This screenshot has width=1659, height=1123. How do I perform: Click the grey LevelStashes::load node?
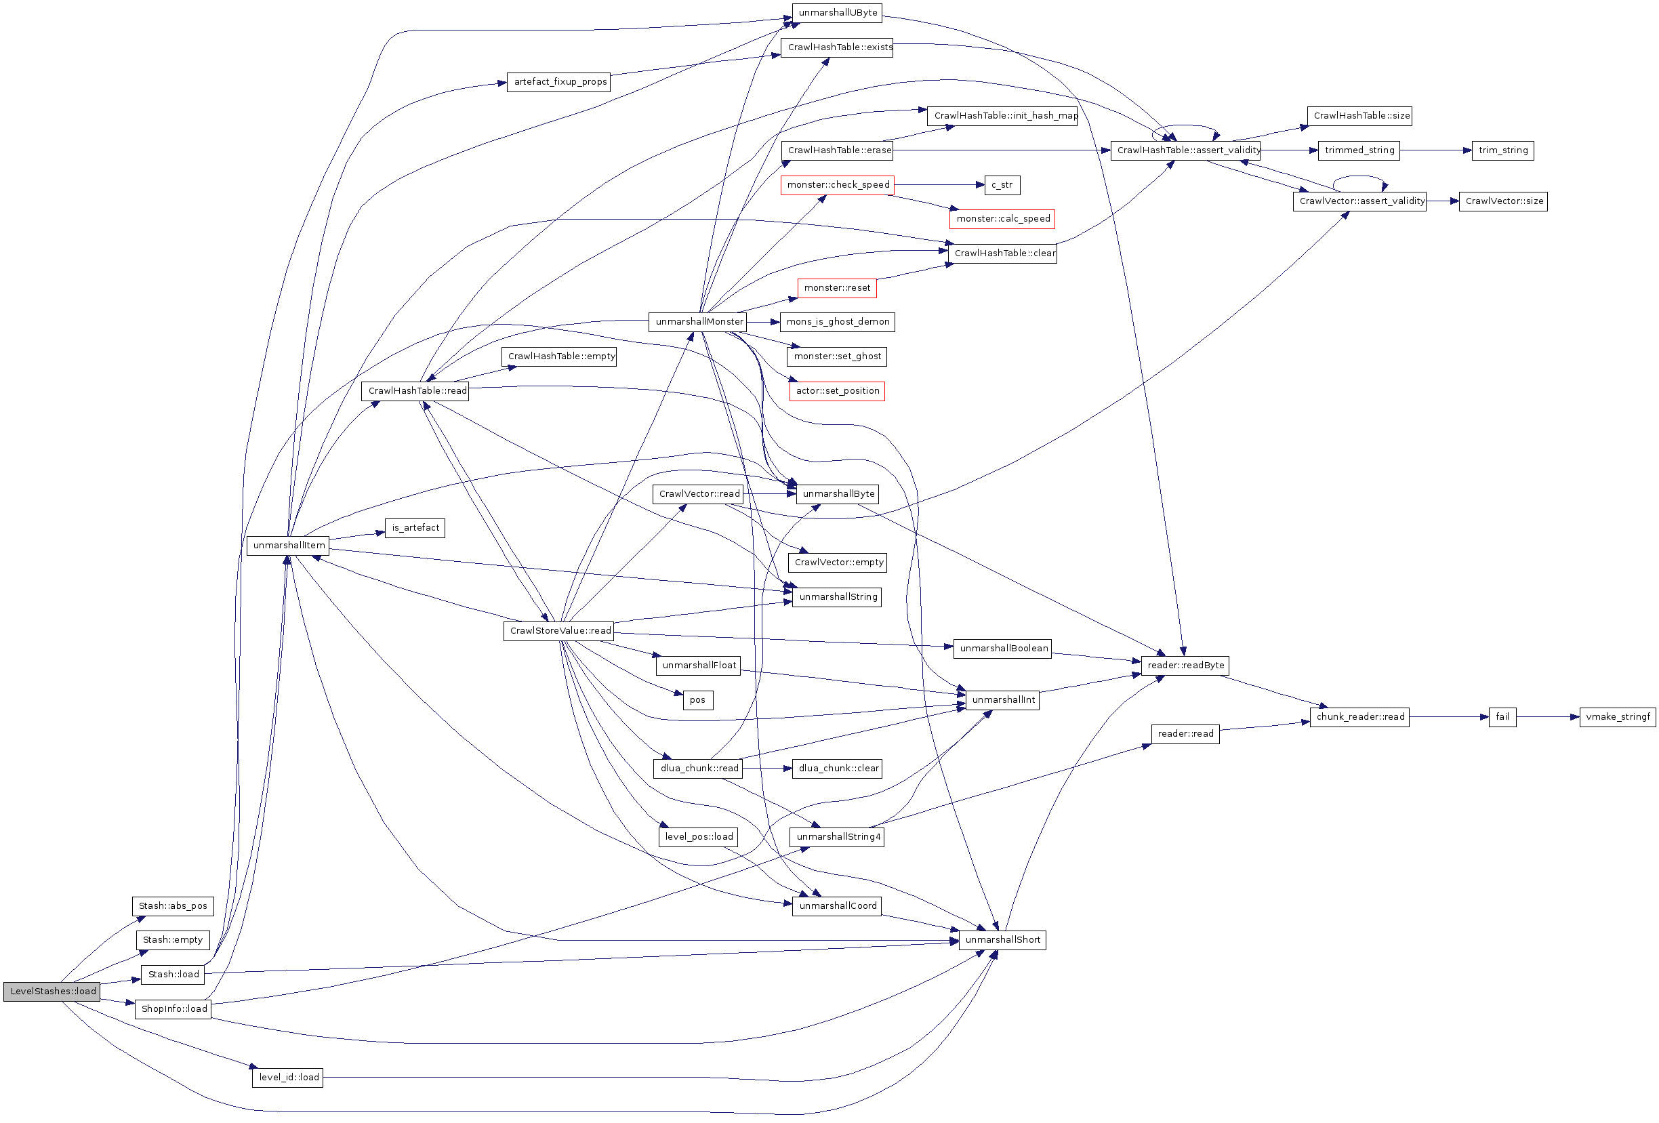(x=52, y=992)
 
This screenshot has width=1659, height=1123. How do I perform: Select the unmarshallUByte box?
(x=837, y=13)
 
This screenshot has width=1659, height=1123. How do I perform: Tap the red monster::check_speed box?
(x=837, y=185)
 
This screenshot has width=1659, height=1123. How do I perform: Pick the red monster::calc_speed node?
(x=1002, y=219)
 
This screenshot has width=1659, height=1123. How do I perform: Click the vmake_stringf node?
(x=1617, y=717)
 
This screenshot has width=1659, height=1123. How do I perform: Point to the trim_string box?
(x=1502, y=150)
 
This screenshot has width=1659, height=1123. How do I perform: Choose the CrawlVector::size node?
(x=1502, y=201)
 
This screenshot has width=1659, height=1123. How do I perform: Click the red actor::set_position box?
(x=837, y=391)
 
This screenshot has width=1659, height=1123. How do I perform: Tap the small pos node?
(x=697, y=700)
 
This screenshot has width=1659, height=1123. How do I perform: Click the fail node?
(x=1502, y=717)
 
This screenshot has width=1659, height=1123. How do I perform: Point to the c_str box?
(x=1002, y=185)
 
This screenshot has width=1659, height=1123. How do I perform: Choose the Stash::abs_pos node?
(x=173, y=906)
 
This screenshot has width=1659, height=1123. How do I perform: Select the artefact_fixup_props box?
(x=559, y=82)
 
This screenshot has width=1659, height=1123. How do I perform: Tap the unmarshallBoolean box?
(x=1002, y=648)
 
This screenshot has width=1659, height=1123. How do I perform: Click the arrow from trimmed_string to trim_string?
(x=1435, y=150)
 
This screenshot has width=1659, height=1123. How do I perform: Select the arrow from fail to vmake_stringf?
(x=1547, y=717)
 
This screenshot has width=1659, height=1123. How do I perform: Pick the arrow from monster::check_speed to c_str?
(x=938, y=185)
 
